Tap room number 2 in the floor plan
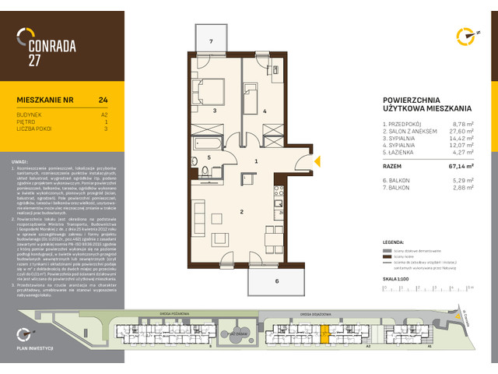tap(220, 211)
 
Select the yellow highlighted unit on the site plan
tap(324, 335)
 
